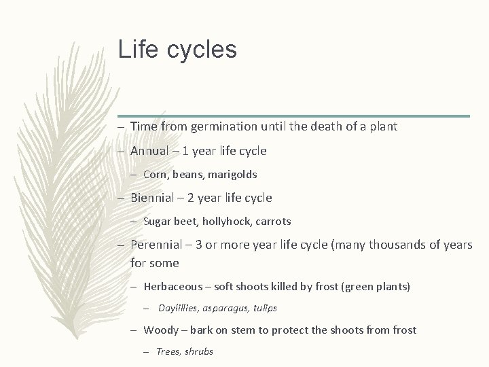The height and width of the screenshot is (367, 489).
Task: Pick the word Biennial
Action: [153, 198]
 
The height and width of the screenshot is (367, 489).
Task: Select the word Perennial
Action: [157, 245]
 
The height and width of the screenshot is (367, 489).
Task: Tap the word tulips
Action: [266, 309]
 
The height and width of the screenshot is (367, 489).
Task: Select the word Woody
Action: [160, 330]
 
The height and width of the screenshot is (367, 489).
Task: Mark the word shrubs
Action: [199, 352]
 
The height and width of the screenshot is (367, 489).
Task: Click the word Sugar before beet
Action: [158, 222]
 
